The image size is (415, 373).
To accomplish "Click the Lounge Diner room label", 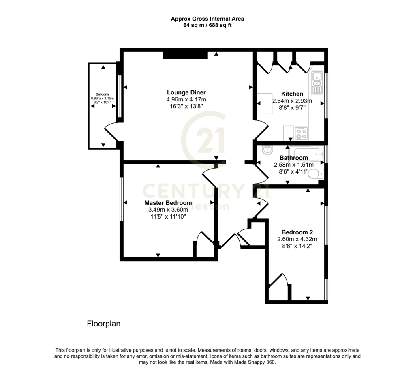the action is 186,92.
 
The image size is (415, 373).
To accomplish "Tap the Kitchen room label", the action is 292,94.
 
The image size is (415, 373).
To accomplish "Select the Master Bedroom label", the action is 168,203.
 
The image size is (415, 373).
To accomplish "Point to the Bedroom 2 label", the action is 297,232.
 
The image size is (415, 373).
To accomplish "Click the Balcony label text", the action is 102,94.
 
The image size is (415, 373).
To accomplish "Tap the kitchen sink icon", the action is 317,83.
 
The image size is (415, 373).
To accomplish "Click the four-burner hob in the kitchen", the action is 301,133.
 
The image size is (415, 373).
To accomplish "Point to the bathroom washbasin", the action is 267,151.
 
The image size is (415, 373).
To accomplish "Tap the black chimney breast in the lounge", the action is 185,55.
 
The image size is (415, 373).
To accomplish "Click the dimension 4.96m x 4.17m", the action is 186,100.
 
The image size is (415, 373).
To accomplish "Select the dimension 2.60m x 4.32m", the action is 297,239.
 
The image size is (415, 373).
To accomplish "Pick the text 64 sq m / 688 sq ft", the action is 207,26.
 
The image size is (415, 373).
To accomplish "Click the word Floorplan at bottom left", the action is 103,324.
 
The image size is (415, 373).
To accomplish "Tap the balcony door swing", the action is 111,132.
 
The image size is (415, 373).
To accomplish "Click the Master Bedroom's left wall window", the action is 122,199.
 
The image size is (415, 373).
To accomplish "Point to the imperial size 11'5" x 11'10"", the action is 168,217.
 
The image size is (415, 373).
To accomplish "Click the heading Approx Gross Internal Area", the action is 207,19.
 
